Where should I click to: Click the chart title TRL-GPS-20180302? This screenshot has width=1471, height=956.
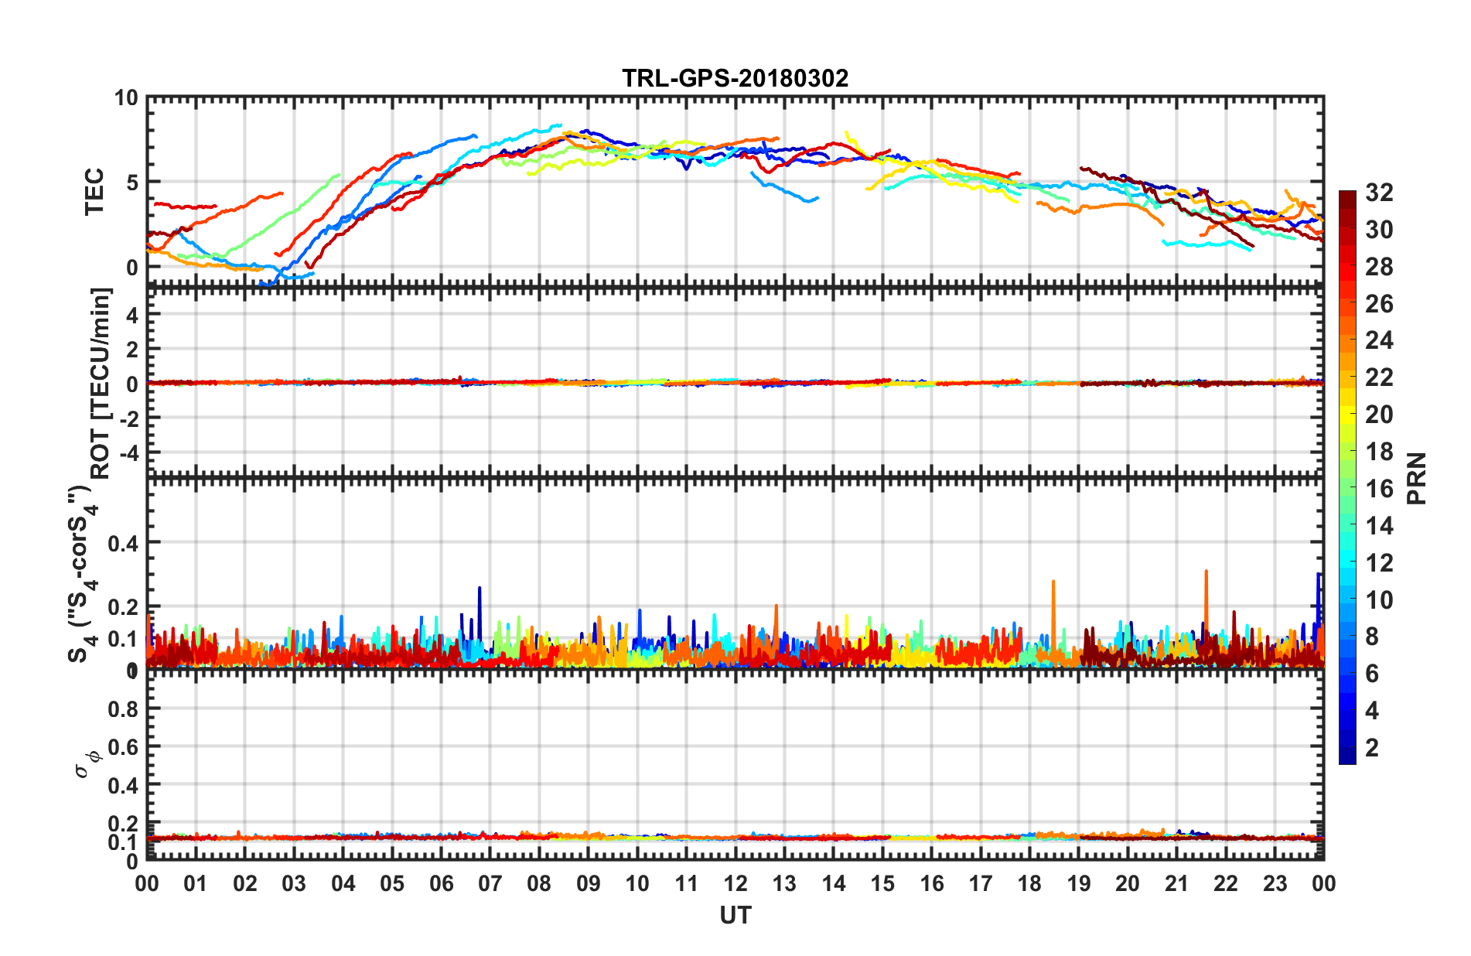click(735, 78)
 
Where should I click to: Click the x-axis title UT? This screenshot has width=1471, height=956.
click(735, 916)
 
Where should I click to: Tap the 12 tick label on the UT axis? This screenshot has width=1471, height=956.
click(735, 883)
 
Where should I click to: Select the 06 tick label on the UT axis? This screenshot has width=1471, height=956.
click(441, 883)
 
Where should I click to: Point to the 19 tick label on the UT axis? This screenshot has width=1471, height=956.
click(1078, 883)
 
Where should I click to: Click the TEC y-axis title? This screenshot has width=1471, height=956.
click(94, 192)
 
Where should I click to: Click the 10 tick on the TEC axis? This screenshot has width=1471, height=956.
click(125, 98)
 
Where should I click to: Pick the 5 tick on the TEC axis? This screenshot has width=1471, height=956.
click(131, 183)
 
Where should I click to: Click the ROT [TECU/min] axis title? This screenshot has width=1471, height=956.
click(101, 383)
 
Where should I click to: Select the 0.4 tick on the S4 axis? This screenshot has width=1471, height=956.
click(122, 543)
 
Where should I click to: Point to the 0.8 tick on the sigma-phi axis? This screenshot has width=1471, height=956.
click(122, 708)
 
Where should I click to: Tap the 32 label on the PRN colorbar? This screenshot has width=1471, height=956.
click(1379, 193)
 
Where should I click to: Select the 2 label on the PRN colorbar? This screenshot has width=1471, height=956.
click(1373, 747)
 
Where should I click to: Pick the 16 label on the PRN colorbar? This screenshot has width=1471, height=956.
click(1379, 489)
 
